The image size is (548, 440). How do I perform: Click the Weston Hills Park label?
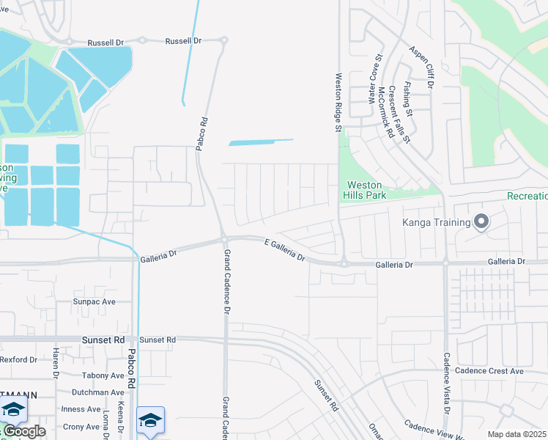coord(365,190)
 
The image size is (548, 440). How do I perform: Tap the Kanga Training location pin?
coord(481,221)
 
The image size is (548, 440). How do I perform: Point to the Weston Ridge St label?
coord(338,102)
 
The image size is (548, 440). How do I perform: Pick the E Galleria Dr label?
coord(285,250)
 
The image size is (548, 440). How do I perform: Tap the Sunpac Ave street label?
coord(94,301)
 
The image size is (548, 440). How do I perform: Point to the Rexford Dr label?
coord(18,359)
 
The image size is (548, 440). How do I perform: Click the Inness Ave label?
coord(81,409)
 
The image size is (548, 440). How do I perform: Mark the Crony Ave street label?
coord(81,427)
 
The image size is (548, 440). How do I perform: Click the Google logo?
coord(23,431)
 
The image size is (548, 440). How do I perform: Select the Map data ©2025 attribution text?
coord(516,434)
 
